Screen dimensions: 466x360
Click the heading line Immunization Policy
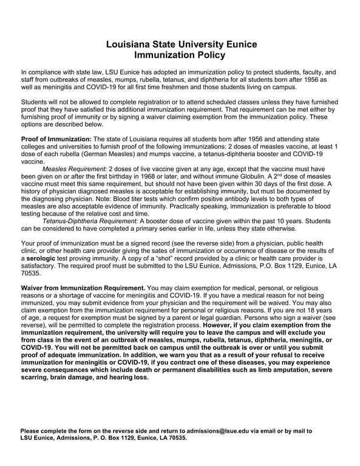(180, 55)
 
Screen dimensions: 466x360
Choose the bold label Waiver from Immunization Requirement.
(83, 287)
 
